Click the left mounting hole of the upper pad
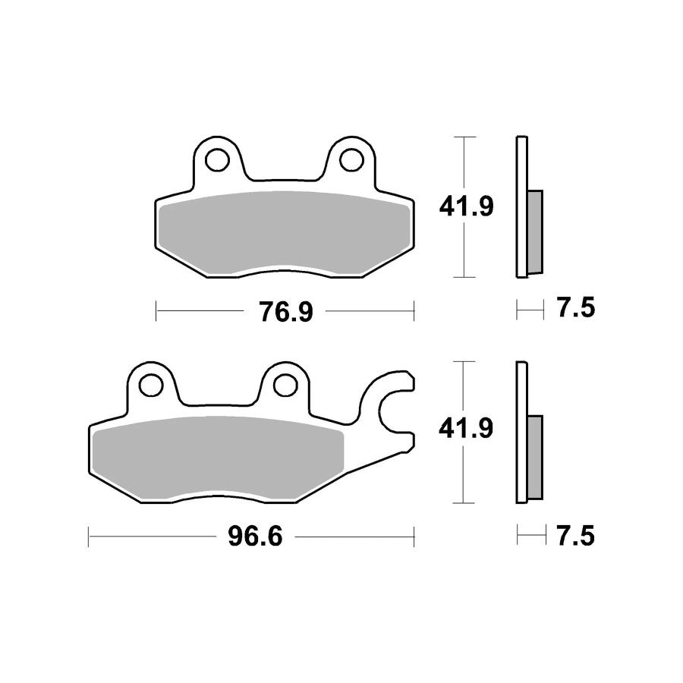[x=217, y=160]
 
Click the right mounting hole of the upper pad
[x=351, y=160]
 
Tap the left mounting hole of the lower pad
[x=151, y=385]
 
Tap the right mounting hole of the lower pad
[x=285, y=385]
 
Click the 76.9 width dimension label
[x=286, y=312]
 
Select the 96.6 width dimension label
[x=255, y=537]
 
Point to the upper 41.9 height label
[x=467, y=206]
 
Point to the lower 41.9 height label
[x=466, y=428]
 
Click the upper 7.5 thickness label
[x=576, y=308]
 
